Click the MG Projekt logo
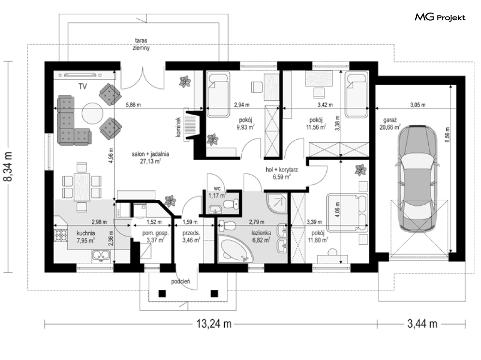click(440, 17)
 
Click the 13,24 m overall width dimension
click(214, 323)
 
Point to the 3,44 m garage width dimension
click(422, 323)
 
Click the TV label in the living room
click(83, 87)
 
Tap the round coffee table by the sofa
click(92, 112)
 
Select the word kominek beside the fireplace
click(178, 126)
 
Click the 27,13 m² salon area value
click(150, 161)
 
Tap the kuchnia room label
click(86, 233)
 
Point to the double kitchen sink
click(101, 256)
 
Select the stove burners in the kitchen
click(60, 236)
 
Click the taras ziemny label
click(141, 44)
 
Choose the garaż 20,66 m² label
click(390, 123)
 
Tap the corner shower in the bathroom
click(277, 203)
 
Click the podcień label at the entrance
click(181, 281)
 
